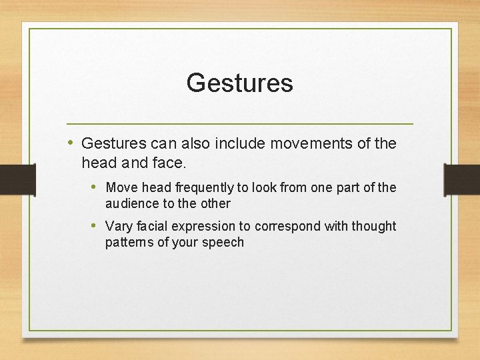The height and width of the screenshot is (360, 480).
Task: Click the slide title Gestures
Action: click(x=239, y=83)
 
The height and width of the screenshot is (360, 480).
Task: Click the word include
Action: click(x=235, y=143)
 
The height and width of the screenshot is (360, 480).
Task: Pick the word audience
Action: click(x=130, y=203)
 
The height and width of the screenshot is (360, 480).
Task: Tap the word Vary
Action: click(x=119, y=227)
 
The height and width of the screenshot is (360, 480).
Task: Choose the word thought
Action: click(x=369, y=227)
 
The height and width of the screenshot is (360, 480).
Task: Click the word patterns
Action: click(x=129, y=242)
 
